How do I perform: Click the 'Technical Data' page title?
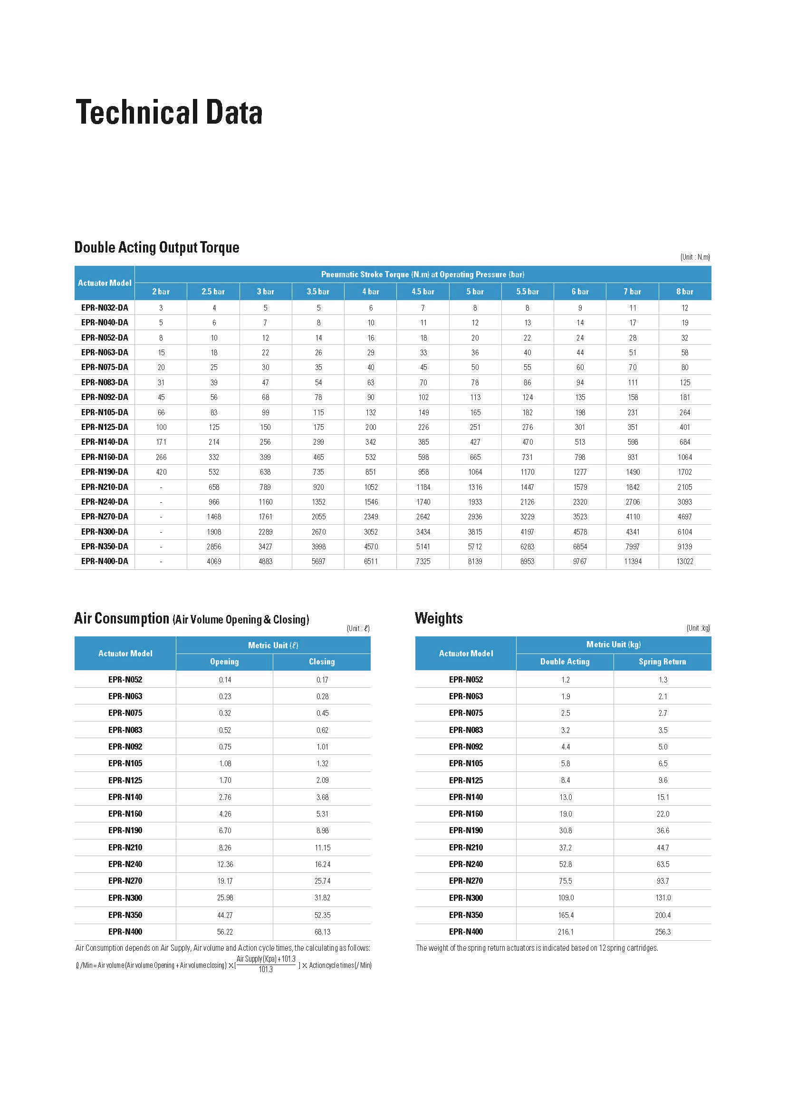pos(169,112)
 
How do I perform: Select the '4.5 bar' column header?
pos(422,292)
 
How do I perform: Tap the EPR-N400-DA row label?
pos(105,561)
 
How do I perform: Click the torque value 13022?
pos(684,561)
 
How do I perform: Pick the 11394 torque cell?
pos(633,561)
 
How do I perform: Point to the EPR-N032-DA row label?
pos(105,307)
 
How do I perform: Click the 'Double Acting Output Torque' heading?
pos(156,247)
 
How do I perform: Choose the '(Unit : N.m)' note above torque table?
pos(694,257)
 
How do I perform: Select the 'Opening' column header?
pos(224,662)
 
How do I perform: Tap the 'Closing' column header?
pos(322,662)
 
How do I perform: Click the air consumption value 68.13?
pos(322,932)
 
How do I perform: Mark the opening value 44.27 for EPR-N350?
pos(225,915)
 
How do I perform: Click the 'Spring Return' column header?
pos(662,662)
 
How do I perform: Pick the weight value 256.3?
pos(662,932)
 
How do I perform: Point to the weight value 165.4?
pos(566,915)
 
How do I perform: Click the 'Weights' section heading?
pos(439,618)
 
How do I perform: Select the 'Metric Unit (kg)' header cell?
pos(613,644)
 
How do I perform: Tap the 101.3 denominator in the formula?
pos(266,969)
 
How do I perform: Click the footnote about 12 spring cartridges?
pos(537,948)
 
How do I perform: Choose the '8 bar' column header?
pos(684,292)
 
